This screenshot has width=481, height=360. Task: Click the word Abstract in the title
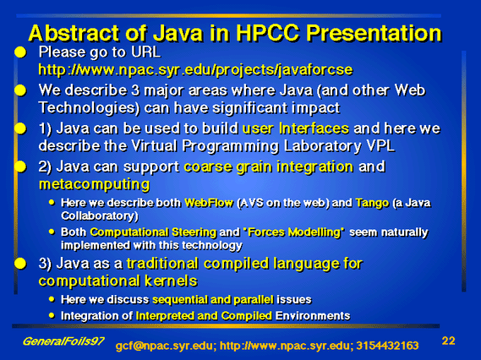click(x=74, y=33)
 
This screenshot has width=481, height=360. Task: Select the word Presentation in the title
click(x=374, y=33)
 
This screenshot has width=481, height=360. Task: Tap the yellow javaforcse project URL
click(x=195, y=70)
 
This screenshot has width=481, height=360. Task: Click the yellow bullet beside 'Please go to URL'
click(x=20, y=52)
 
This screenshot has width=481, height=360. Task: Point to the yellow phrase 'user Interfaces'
click(x=295, y=128)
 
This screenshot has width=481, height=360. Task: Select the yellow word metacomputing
click(x=94, y=184)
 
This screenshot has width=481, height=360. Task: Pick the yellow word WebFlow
click(x=209, y=203)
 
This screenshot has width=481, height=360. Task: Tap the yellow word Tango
click(x=372, y=203)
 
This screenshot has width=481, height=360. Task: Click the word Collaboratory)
click(x=100, y=215)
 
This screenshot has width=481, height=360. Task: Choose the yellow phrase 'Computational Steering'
click(x=153, y=232)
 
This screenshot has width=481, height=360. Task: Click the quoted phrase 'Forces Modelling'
click(x=293, y=232)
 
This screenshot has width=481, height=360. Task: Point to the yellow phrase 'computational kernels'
click(x=118, y=281)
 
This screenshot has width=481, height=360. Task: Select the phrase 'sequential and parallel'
click(x=212, y=299)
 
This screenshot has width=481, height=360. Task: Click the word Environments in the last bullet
click(x=313, y=316)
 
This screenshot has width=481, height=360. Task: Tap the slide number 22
click(x=448, y=341)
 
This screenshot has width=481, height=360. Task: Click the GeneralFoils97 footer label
click(x=63, y=341)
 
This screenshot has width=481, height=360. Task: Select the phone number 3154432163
click(x=387, y=346)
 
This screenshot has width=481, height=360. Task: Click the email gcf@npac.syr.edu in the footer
click(x=164, y=346)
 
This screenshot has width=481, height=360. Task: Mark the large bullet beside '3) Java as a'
click(x=20, y=264)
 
